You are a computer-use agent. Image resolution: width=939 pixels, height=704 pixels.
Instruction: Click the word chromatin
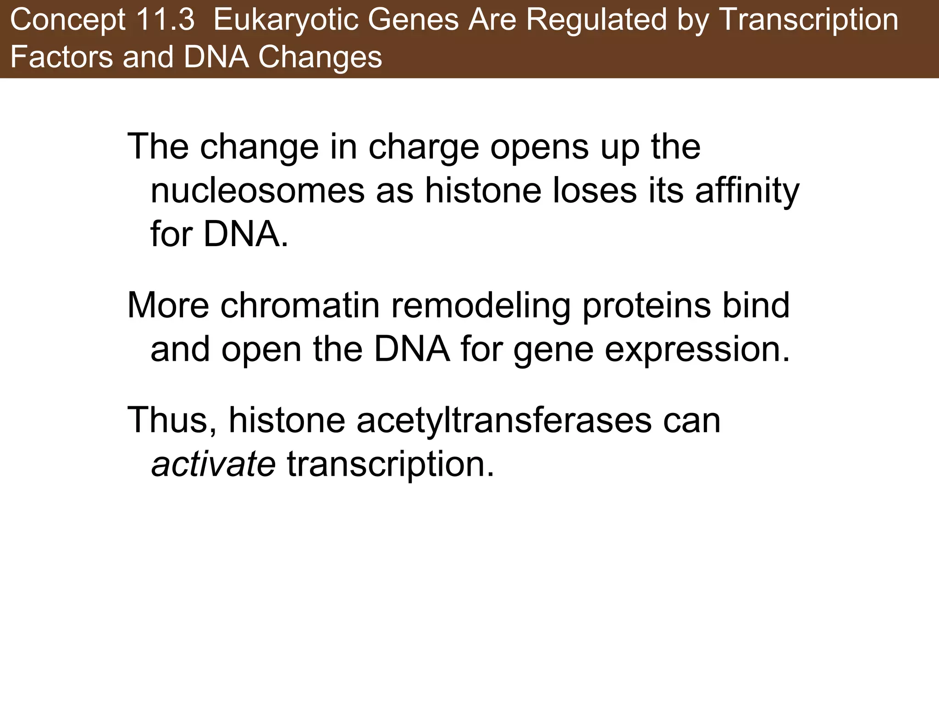click(x=300, y=305)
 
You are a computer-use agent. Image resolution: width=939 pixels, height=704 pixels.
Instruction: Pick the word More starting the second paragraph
click(x=168, y=305)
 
